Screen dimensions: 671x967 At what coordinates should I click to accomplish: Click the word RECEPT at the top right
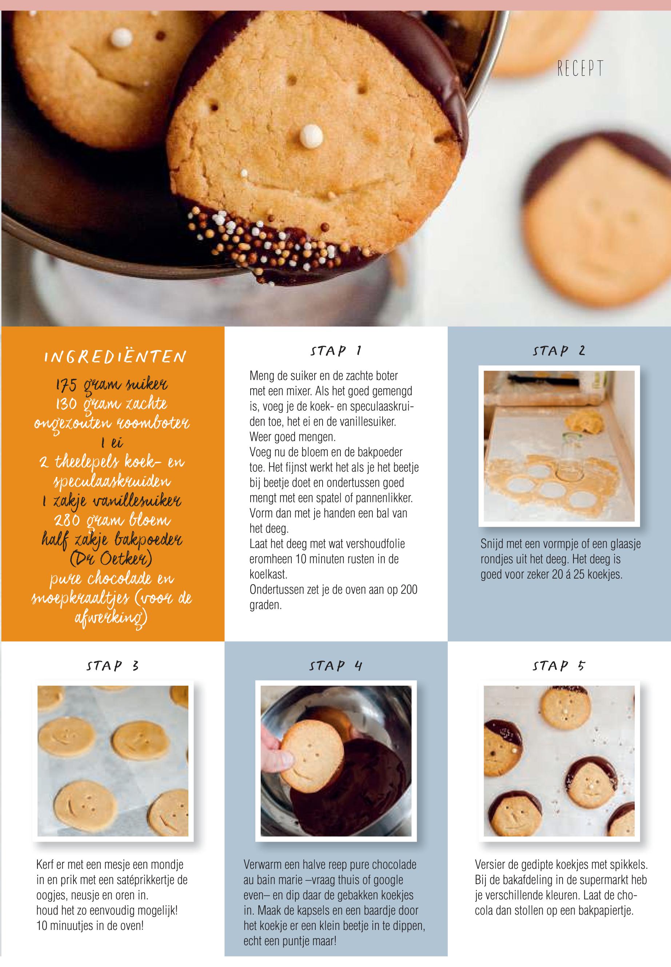tap(580, 68)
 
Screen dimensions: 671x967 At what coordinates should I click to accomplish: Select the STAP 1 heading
tap(336, 350)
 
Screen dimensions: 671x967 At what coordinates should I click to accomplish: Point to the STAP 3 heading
tap(113, 666)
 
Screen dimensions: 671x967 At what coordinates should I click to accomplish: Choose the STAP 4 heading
tap(336, 666)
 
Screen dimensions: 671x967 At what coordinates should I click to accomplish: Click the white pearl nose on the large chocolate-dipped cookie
tap(312, 136)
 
